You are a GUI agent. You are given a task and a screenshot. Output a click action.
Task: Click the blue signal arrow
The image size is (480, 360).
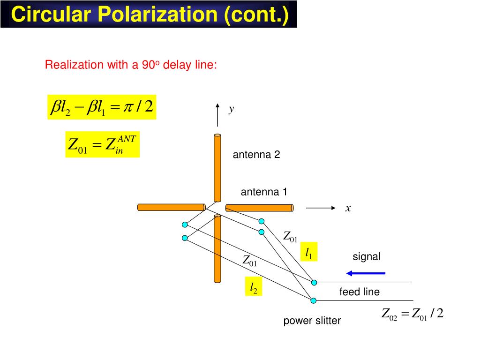(366, 273)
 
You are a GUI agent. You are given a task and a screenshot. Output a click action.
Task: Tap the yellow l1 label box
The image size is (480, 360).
(309, 253)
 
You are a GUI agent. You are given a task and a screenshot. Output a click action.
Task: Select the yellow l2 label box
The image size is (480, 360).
(253, 287)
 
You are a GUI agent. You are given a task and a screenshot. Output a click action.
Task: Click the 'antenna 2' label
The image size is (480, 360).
(256, 155)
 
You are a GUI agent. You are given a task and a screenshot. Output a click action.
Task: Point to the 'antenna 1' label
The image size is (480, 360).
(264, 192)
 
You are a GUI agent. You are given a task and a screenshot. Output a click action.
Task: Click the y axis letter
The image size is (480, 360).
(231, 110)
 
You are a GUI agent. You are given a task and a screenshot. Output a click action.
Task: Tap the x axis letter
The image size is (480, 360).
(348, 209)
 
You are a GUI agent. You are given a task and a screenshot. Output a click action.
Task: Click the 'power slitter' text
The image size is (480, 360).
(312, 321)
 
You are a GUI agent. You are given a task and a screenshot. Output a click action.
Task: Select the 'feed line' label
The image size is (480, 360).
(360, 292)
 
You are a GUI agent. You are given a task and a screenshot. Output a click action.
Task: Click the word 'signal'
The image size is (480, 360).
(367, 256)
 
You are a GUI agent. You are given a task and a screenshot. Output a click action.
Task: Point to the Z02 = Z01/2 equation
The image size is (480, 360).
(412, 314)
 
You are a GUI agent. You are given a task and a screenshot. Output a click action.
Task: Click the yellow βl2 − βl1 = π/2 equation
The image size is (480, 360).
(102, 107)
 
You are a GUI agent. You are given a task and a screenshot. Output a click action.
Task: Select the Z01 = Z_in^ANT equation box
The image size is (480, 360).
(102, 144)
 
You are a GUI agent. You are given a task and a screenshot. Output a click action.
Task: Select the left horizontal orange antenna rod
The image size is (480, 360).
(171, 207)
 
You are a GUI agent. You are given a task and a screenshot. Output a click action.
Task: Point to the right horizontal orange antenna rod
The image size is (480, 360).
(259, 208)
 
